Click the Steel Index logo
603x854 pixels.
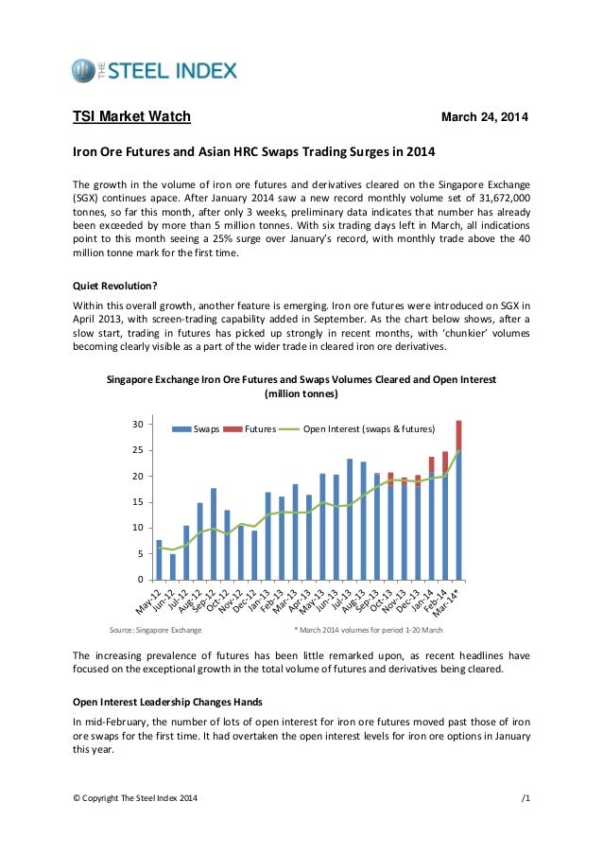pyautogui.click(x=154, y=71)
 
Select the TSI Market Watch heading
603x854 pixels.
pyautogui.click(x=132, y=117)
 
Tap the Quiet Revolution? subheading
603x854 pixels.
pyautogui.click(x=117, y=285)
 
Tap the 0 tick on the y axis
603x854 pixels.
pyautogui.click(x=139, y=579)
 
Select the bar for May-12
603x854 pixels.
pyautogui.click(x=159, y=559)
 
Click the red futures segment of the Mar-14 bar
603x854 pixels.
pyautogui.click(x=458, y=435)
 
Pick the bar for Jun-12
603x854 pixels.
pyautogui.click(x=172, y=566)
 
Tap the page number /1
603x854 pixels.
pyautogui.click(x=525, y=799)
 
